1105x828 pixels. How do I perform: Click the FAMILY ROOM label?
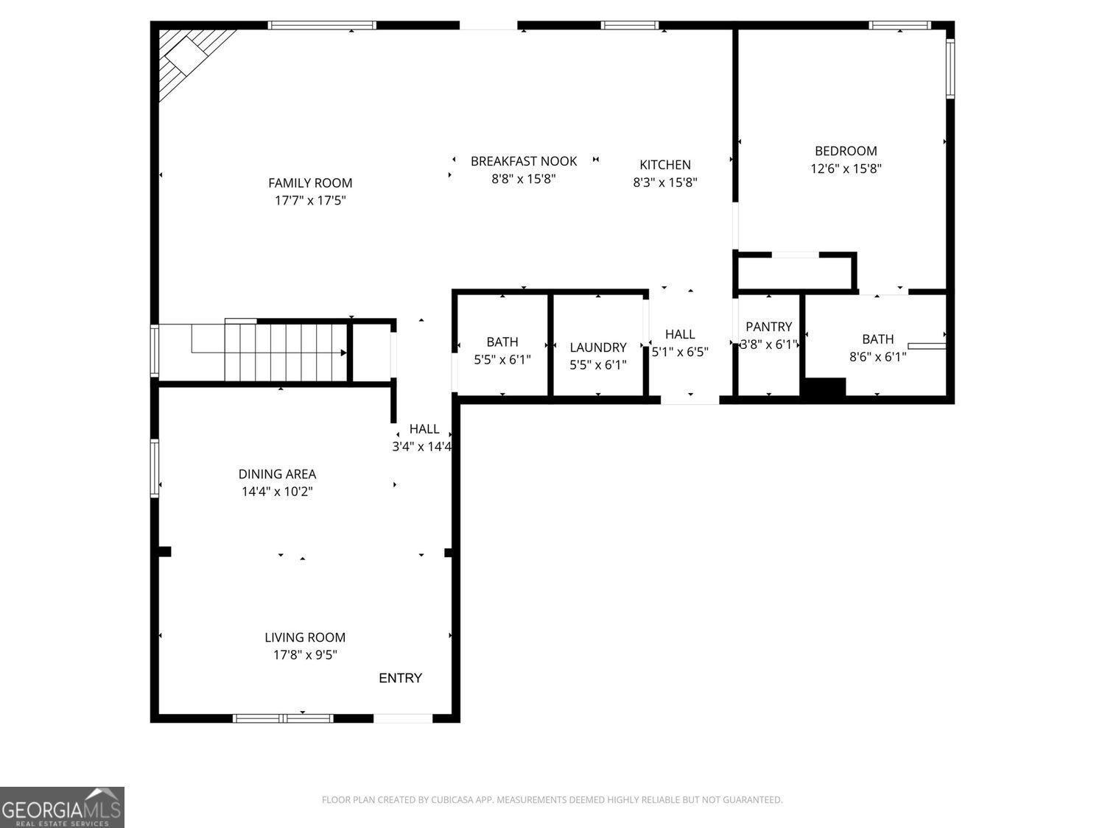(310, 183)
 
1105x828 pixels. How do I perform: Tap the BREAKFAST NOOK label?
(524, 161)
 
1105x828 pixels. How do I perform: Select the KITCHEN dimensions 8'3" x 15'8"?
(665, 182)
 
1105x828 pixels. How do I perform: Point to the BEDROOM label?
(846, 151)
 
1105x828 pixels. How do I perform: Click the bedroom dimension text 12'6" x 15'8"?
(846, 169)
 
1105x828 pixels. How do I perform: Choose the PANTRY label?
(769, 327)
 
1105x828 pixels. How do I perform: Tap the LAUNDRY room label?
(598, 347)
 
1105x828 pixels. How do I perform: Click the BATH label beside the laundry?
(502, 342)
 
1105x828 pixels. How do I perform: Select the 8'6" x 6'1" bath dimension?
(878, 357)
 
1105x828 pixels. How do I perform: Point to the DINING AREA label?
(278, 474)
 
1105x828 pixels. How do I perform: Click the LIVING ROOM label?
(305, 637)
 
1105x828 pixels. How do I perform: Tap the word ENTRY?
(400, 678)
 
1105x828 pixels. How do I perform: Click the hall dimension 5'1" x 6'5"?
(680, 352)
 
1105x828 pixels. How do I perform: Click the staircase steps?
(285, 352)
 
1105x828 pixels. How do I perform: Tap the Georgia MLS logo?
(62, 807)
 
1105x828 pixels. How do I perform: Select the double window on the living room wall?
(283, 718)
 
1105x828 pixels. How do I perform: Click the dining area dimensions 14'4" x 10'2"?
(278, 492)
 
